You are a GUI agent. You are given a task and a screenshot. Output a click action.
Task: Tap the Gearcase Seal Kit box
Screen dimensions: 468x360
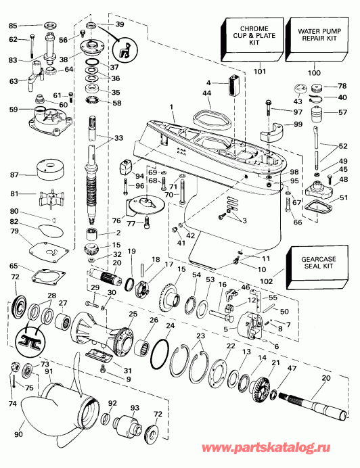click(x=313, y=262)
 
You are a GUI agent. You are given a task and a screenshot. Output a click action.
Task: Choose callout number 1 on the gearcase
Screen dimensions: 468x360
click(x=172, y=107)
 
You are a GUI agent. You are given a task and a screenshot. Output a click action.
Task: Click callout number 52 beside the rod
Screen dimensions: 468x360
click(x=343, y=145)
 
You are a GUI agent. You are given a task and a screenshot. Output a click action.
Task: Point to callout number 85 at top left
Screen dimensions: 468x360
click(x=12, y=26)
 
